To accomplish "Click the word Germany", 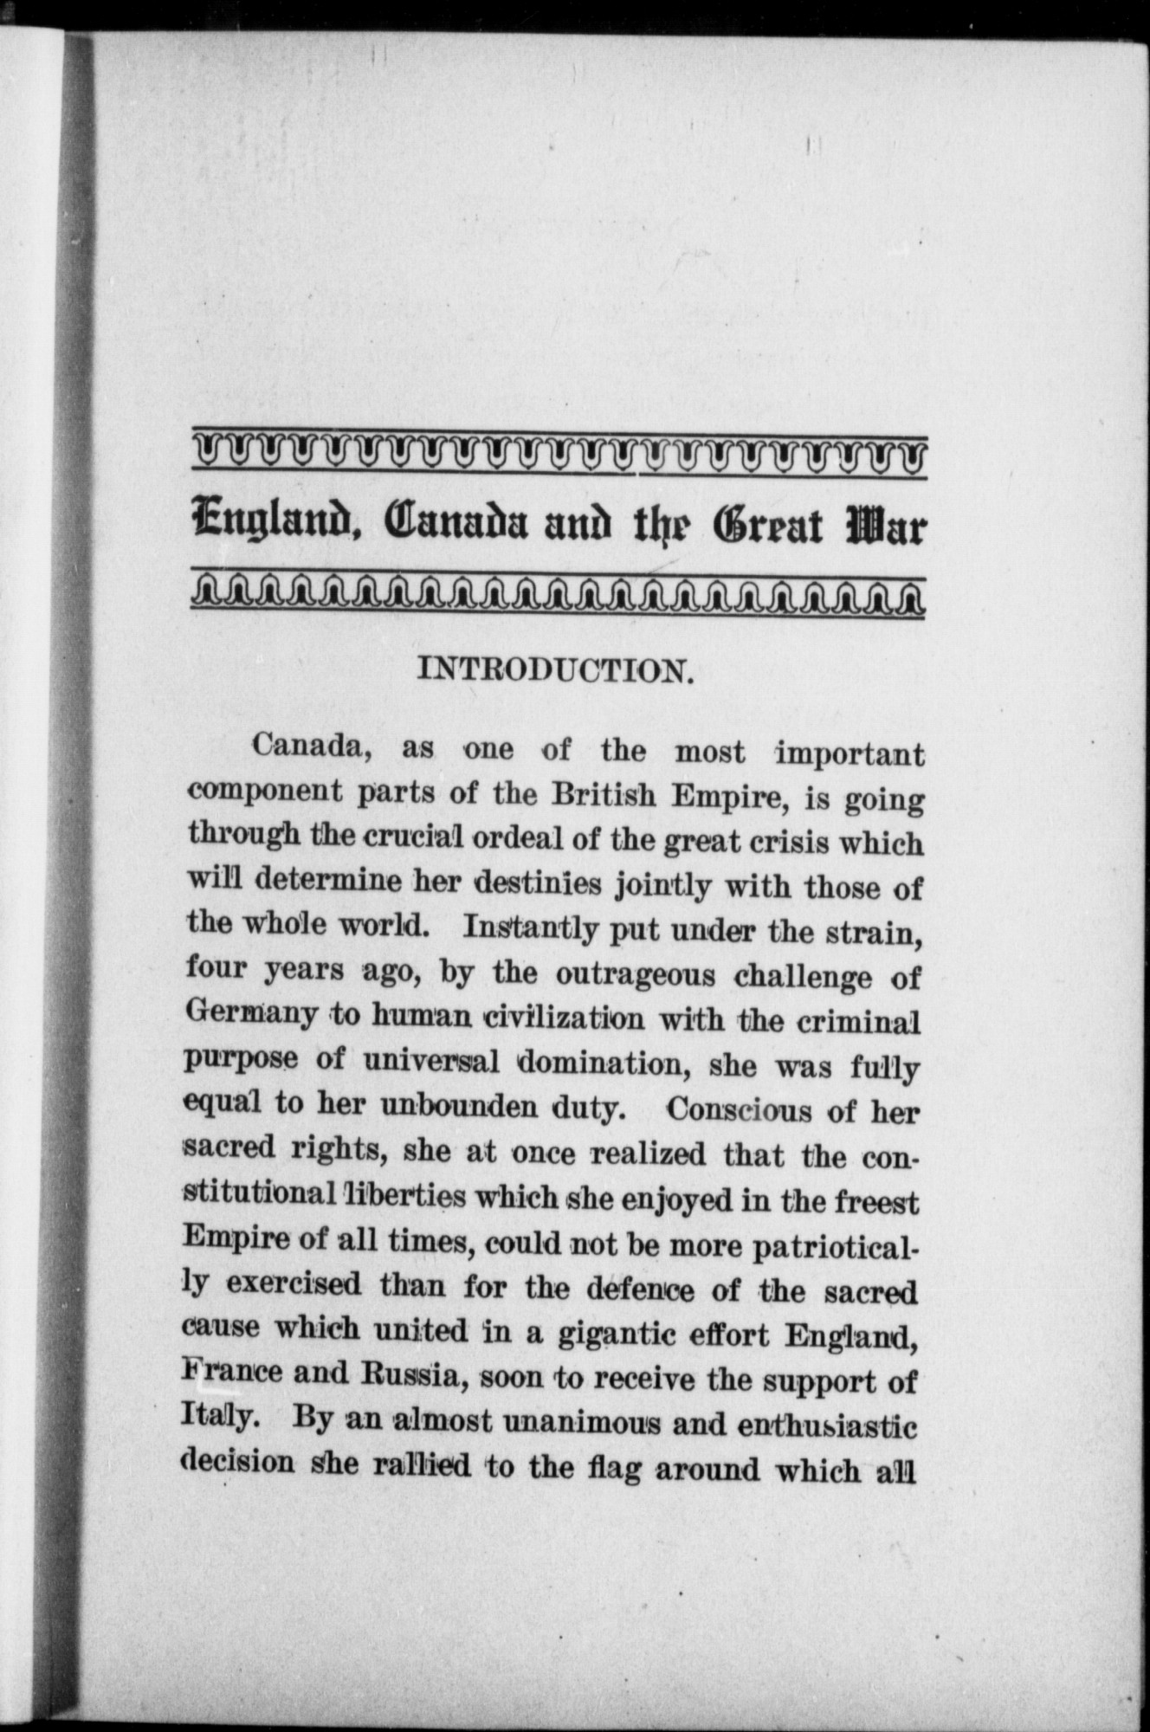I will [x=251, y=1015].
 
